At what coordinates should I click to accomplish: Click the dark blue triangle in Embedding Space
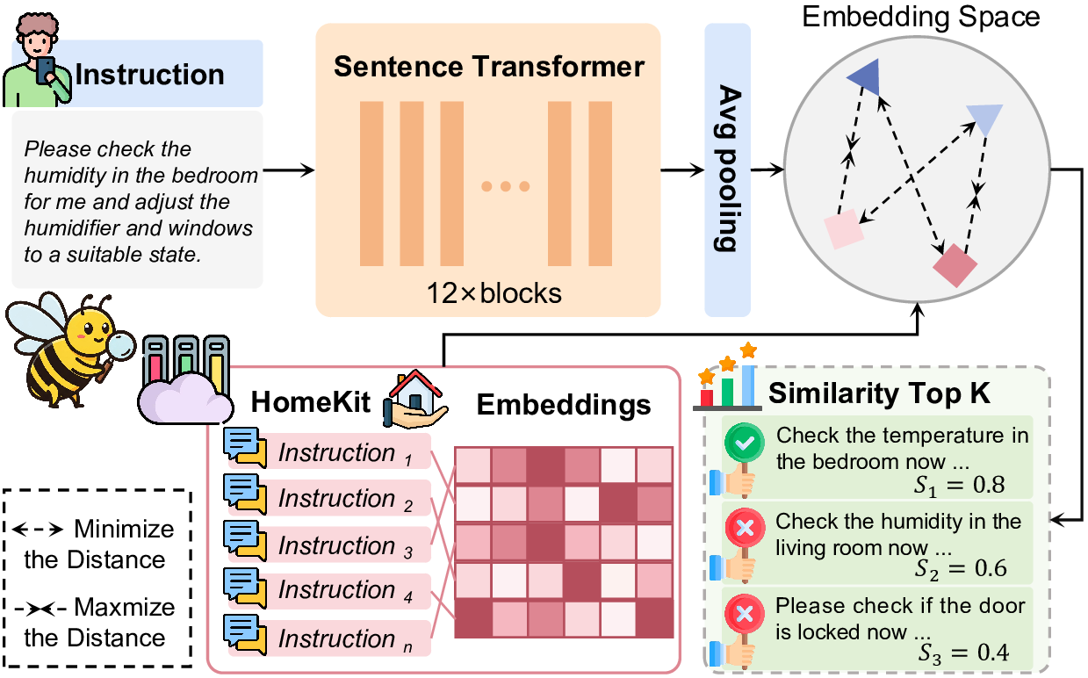pos(867,76)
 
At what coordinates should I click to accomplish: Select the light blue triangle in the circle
pos(985,118)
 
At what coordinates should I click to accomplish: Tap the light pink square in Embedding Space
pos(844,229)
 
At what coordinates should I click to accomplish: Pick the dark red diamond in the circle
pos(955,265)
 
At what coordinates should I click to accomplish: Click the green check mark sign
pos(744,443)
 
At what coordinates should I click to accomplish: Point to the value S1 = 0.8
pos(959,485)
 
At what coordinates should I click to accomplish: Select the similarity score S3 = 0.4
pos(963,653)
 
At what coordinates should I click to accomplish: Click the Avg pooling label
pos(728,168)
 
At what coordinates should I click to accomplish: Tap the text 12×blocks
pos(494,293)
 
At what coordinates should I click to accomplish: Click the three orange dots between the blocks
pos(506,186)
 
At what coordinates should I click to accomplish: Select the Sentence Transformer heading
pos(489,67)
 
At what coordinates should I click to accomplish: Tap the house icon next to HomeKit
pos(415,399)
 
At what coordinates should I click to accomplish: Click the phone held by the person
pos(46,71)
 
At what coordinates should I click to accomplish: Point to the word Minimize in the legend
pos(124,529)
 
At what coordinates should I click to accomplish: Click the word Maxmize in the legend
pos(125,607)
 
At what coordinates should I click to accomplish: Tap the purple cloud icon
pos(184,397)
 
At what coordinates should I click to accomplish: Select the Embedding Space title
pos(921,17)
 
